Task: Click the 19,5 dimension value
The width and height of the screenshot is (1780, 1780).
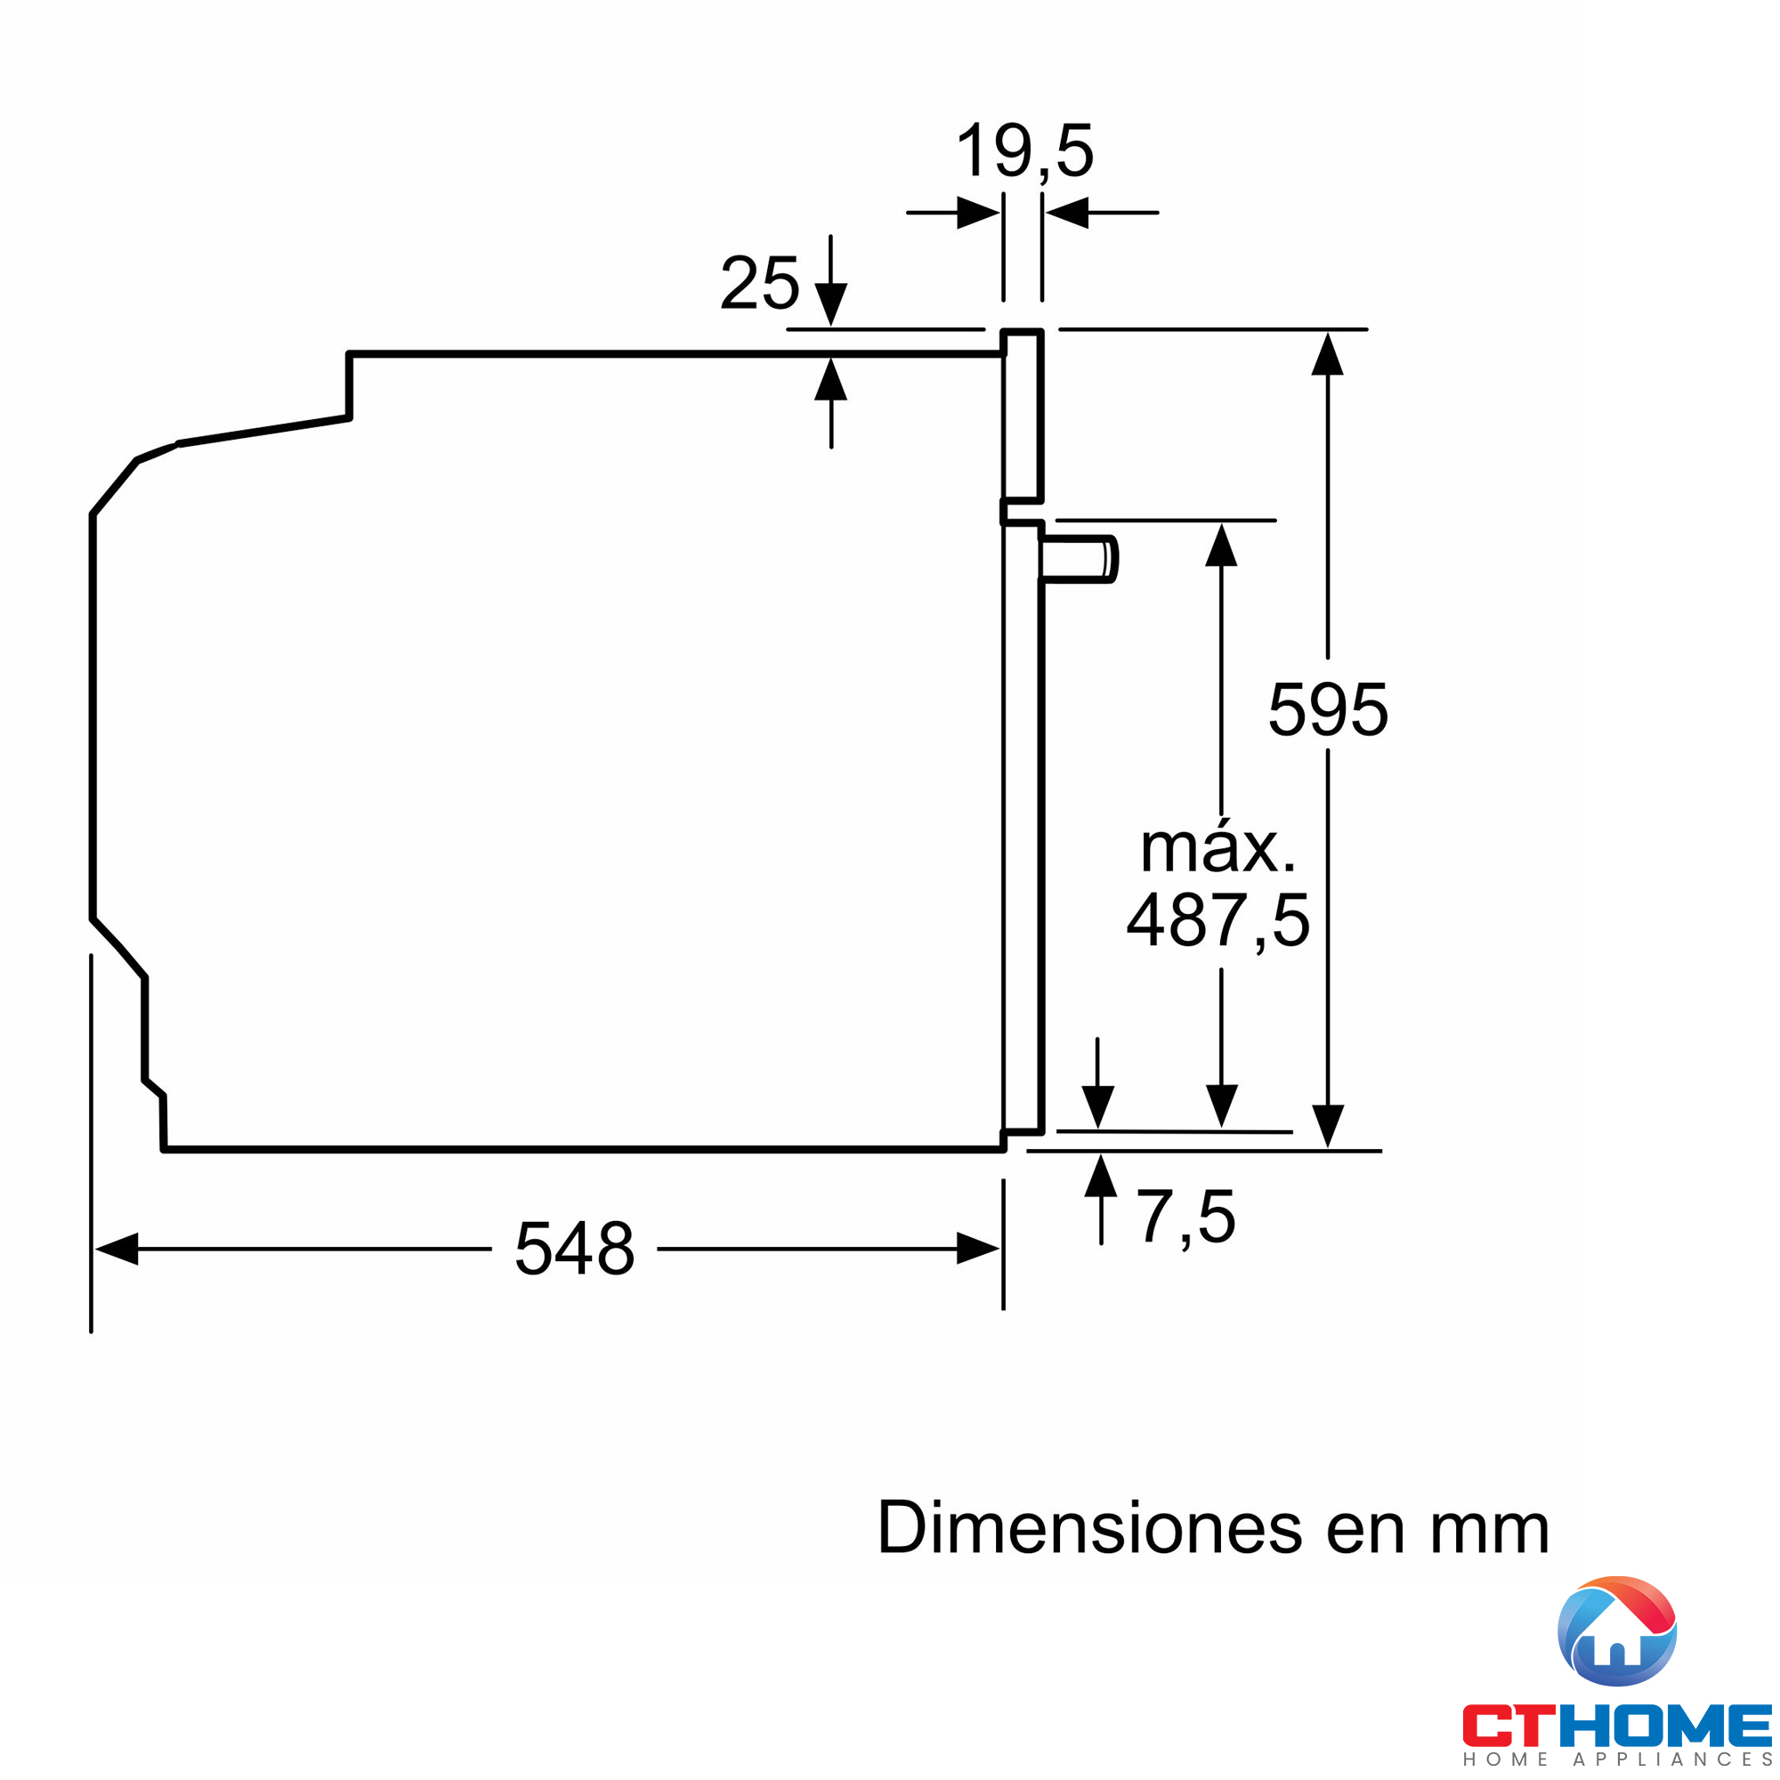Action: click(x=1024, y=151)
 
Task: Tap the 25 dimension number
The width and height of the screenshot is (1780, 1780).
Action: click(x=759, y=283)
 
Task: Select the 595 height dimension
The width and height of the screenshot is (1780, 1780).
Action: click(x=1328, y=709)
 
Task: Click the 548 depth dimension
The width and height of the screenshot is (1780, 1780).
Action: click(x=574, y=1250)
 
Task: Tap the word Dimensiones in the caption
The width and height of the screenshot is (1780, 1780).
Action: click(x=1088, y=1527)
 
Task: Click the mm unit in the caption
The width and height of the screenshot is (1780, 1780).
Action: click(x=1490, y=1527)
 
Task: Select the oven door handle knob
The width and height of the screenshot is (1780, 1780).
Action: click(x=1080, y=559)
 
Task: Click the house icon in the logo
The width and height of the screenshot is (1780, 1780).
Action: click(x=1617, y=1631)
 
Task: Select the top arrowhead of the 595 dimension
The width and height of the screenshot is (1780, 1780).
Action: click(x=1328, y=355)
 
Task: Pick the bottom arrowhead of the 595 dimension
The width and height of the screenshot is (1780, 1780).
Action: click(x=1328, y=1126)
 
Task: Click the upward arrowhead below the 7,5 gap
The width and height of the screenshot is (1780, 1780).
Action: click(x=1101, y=1177)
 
